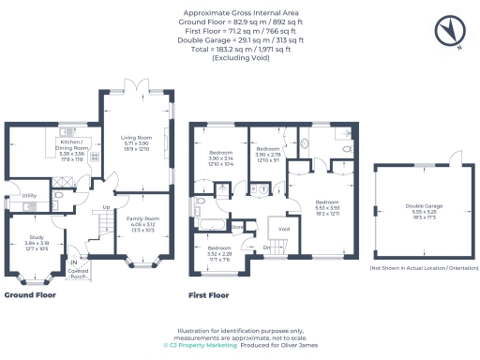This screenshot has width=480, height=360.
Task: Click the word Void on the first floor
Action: (283, 228)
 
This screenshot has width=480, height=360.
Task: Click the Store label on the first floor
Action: (237, 226)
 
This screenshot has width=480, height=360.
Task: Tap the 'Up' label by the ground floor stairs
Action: (107, 207)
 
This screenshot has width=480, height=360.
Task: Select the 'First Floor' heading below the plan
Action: (209, 295)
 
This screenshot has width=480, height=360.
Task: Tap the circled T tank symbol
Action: (263, 187)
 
